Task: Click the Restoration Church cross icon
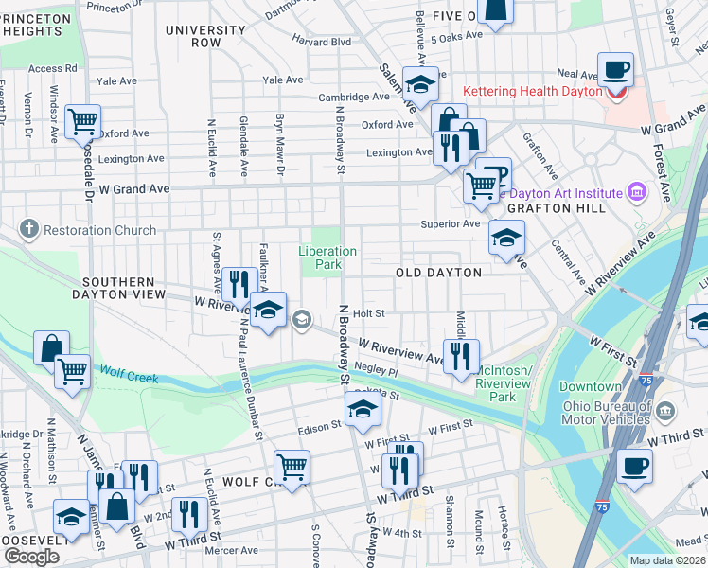pyautogui.click(x=29, y=229)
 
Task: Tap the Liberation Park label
pyautogui.click(x=327, y=257)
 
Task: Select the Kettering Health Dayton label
pyautogui.click(x=532, y=92)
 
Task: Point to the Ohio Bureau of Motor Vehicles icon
pyautogui.click(x=666, y=412)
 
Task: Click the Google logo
pyautogui.click(x=30, y=556)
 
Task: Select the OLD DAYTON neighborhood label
pyautogui.click(x=437, y=273)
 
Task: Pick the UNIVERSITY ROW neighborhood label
pyautogui.click(x=205, y=37)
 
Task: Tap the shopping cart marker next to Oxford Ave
pyautogui.click(x=83, y=121)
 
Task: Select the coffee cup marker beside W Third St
pyautogui.click(x=634, y=466)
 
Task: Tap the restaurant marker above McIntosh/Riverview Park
pyautogui.click(x=461, y=356)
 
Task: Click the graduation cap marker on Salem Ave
pyautogui.click(x=420, y=85)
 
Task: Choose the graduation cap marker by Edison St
pyautogui.click(x=362, y=410)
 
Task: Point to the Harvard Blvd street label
pyautogui.click(x=321, y=42)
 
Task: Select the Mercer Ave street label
pyautogui.click(x=233, y=550)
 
